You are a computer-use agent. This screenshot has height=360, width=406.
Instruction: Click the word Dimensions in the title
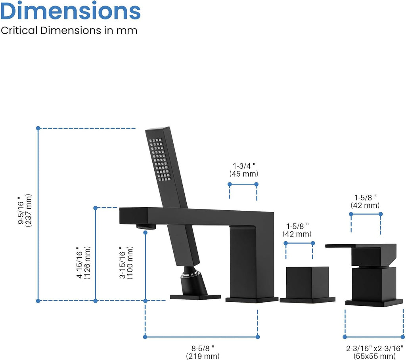pyautogui.click(x=71, y=11)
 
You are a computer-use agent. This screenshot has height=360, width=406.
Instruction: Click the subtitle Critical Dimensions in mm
pyautogui.click(x=69, y=30)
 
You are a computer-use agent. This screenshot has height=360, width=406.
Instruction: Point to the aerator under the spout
pyautogui.click(x=146, y=227)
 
